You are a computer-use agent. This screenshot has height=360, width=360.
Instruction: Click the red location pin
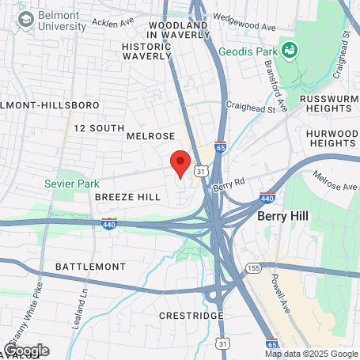click(x=180, y=162)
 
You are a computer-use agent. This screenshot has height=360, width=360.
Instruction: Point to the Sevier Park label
click(x=72, y=184)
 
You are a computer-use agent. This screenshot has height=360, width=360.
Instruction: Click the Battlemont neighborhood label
click(x=90, y=267)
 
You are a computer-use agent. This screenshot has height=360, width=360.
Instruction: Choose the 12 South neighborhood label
click(x=99, y=127)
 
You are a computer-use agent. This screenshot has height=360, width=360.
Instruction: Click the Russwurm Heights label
click(x=329, y=104)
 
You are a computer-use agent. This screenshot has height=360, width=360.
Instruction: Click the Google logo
click(x=26, y=350)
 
